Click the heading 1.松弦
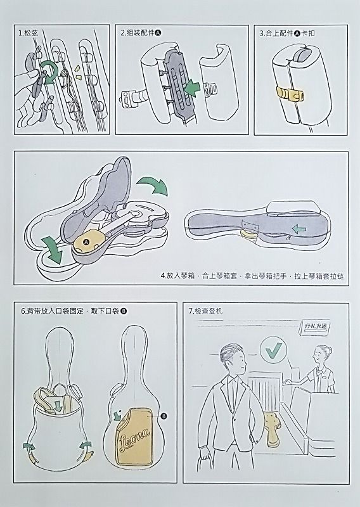pos(28,33)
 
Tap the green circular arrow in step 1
pos(49,72)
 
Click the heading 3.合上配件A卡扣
pos(287,34)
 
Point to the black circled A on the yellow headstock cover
pos(86,242)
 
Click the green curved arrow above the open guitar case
pos(152,185)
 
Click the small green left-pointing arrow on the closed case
pos(299,229)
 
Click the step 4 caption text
pos(252,276)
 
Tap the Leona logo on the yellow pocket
pos(134,440)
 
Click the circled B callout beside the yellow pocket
pos(164,416)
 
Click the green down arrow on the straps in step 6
pos(58,406)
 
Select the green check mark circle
pos(273,350)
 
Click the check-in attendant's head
pos(322,354)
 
